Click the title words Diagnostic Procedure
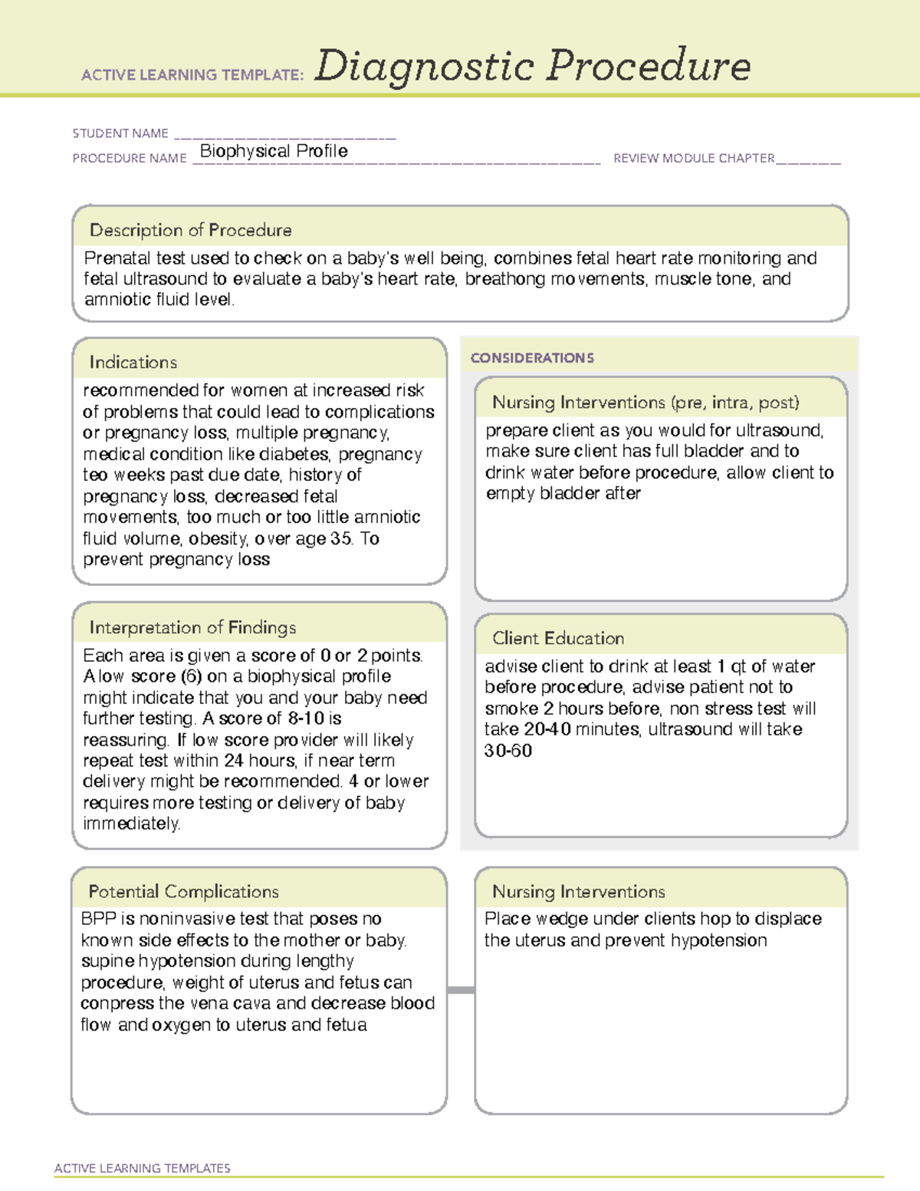(532, 66)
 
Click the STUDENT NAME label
(120, 133)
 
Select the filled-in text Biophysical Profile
(274, 151)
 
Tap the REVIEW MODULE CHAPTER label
(694, 158)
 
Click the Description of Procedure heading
(190, 230)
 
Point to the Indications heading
(133, 362)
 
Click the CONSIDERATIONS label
(532, 358)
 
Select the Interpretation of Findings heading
(192, 627)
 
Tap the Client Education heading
(558, 638)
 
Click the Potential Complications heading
(183, 891)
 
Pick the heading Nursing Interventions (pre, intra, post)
(646, 403)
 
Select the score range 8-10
(306, 719)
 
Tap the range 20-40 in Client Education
(547, 729)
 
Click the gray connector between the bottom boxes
(461, 990)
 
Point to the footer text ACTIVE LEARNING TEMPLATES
(143, 1168)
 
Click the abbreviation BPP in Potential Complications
(97, 919)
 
